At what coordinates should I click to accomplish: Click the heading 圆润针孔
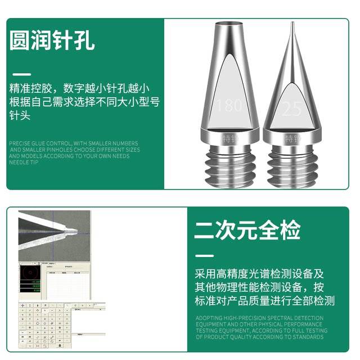[x=52, y=40]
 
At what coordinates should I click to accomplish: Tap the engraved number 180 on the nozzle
[x=229, y=105]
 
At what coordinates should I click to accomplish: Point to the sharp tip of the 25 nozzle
[x=292, y=25]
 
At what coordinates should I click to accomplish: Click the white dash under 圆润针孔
[x=21, y=74]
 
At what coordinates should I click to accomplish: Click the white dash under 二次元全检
[x=204, y=256]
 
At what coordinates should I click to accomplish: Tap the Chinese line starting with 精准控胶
[x=79, y=88]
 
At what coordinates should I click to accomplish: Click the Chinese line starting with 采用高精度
[x=260, y=274]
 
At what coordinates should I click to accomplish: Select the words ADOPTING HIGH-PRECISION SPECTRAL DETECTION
[x=259, y=318]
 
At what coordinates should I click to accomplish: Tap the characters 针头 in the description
[x=20, y=115]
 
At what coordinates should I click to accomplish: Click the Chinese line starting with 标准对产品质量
[x=264, y=301]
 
